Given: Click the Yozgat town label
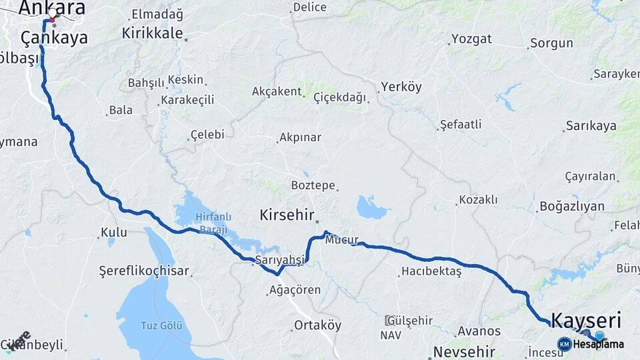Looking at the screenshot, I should click(471, 39).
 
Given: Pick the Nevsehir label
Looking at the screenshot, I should click(464, 351).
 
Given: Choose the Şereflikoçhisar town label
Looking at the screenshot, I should click(144, 271).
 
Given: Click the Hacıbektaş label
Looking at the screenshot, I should click(431, 271).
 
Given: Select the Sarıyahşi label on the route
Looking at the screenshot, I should click(279, 260).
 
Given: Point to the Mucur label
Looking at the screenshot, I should click(342, 240).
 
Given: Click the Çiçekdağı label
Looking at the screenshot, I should click(340, 97).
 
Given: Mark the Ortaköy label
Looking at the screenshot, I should click(317, 325).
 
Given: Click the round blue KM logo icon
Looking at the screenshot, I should click(564, 344).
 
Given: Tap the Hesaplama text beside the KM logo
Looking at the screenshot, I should click(599, 345).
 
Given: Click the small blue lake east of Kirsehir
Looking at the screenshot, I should click(371, 208).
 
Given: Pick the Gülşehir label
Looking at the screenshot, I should click(409, 320).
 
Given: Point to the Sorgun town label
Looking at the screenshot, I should click(551, 43).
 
